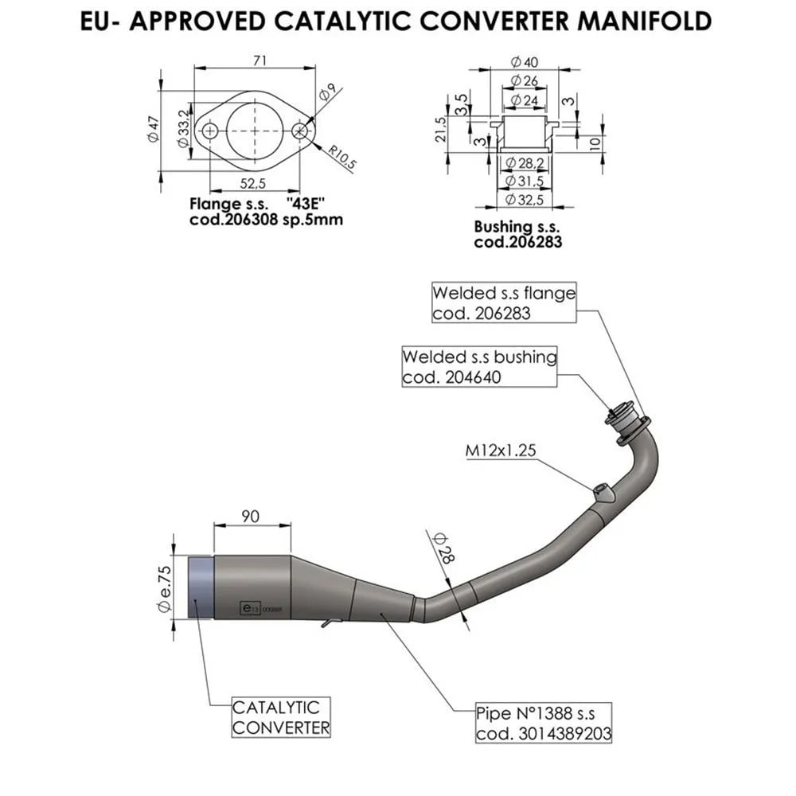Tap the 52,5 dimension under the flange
tap(253, 184)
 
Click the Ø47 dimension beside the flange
tap(154, 129)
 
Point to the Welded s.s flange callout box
tap(503, 302)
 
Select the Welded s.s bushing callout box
tap(480, 366)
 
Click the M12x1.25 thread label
tap(501, 451)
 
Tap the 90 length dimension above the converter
tap(251, 516)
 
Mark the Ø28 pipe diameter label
tap(441, 548)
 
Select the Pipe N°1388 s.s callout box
tap(544, 722)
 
